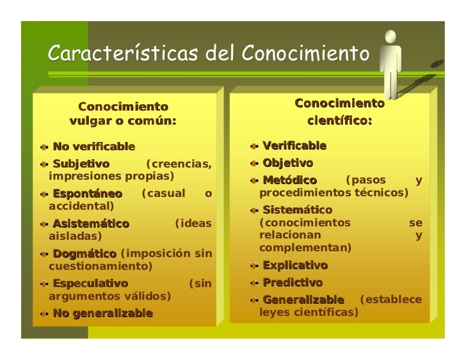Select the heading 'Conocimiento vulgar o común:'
(122, 113)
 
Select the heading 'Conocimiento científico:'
(339, 112)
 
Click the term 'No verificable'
(93, 147)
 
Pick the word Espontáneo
(87, 193)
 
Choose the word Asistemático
(91, 224)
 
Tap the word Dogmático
(84, 254)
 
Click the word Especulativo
(90, 283)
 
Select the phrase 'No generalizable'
(102, 313)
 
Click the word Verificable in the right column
(294, 146)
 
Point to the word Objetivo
(287, 163)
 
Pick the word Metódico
(289, 180)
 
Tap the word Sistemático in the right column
(297, 210)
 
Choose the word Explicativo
(295, 265)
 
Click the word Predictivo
(293, 283)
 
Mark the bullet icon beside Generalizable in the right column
(255, 300)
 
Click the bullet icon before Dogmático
(44, 254)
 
